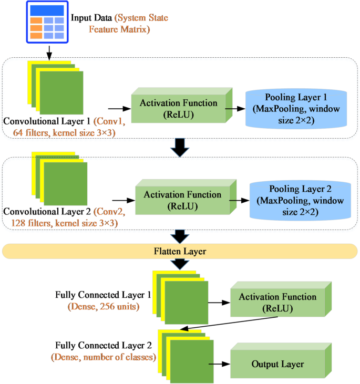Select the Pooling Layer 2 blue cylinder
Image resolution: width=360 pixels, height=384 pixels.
(300, 199)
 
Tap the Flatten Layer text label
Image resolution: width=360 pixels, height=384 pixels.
(180, 252)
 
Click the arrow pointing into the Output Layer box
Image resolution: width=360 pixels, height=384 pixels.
(219, 364)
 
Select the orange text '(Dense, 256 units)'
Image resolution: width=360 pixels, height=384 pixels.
(103, 305)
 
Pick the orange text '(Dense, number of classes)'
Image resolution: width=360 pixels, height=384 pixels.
(103, 357)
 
